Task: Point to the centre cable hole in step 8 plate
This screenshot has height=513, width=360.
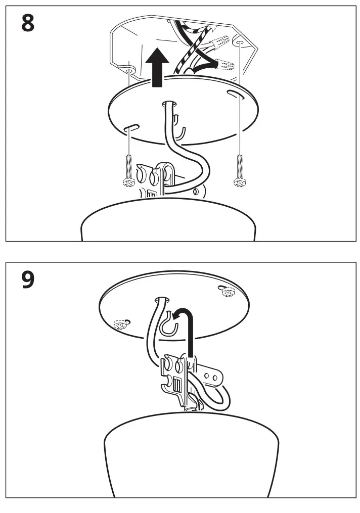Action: pos(168,104)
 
